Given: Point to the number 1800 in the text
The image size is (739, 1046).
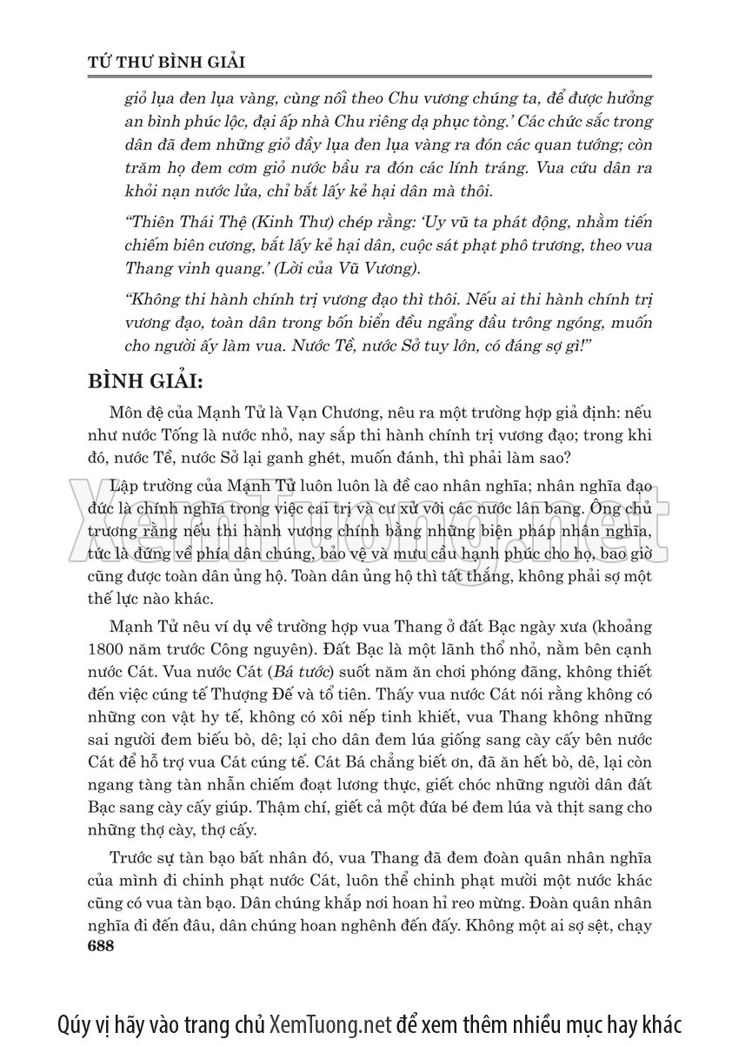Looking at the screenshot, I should tap(107, 650).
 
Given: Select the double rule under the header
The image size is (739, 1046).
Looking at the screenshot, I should tap(369, 78).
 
